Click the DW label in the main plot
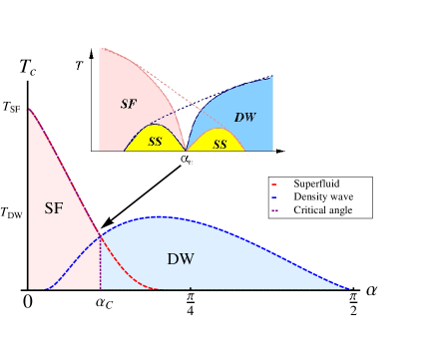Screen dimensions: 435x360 click(x=180, y=259)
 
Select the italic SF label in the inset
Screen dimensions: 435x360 click(x=127, y=104)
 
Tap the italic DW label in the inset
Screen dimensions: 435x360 click(x=244, y=118)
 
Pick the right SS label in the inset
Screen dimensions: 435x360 click(x=219, y=144)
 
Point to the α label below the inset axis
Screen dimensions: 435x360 click(x=186, y=158)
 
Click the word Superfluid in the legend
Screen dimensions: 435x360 click(x=317, y=184)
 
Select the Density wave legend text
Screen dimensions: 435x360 click(x=323, y=197)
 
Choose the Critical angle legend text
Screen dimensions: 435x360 click(x=323, y=210)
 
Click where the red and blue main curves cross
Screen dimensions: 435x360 click(x=100, y=235)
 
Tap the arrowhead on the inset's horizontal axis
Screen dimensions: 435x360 click(x=283, y=152)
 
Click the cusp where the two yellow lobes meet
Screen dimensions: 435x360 click(x=187, y=151)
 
